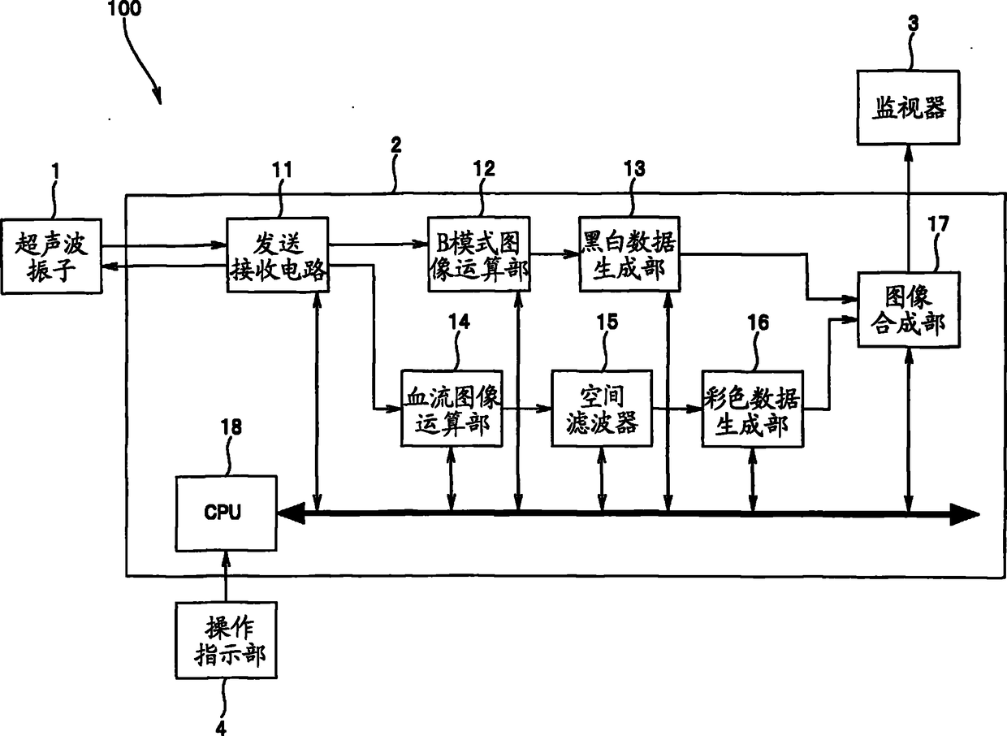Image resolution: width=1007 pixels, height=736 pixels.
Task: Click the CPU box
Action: [226, 513]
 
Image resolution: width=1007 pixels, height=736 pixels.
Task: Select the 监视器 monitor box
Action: [908, 107]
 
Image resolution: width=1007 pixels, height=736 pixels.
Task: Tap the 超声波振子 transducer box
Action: [51, 257]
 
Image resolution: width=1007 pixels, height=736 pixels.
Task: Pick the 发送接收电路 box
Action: [278, 255]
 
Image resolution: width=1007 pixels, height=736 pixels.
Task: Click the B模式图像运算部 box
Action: [479, 254]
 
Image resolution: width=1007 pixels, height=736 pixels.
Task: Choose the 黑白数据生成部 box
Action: [629, 254]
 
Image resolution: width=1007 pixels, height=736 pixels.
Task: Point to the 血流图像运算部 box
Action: [452, 409]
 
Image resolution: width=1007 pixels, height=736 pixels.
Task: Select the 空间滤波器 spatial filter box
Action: [602, 409]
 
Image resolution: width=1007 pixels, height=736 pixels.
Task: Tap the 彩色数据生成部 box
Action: [753, 409]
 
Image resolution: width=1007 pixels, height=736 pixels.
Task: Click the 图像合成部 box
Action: [909, 310]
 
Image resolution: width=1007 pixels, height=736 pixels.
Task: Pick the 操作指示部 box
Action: [226, 640]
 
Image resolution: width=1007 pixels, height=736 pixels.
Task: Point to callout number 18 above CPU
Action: [231, 426]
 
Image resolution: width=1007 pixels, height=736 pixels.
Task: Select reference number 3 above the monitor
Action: [913, 23]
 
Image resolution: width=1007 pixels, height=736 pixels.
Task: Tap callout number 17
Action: [938, 224]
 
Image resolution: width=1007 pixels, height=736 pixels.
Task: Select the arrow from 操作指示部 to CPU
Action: [226, 577]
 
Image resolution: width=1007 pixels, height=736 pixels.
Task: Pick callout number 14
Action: [460, 322]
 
